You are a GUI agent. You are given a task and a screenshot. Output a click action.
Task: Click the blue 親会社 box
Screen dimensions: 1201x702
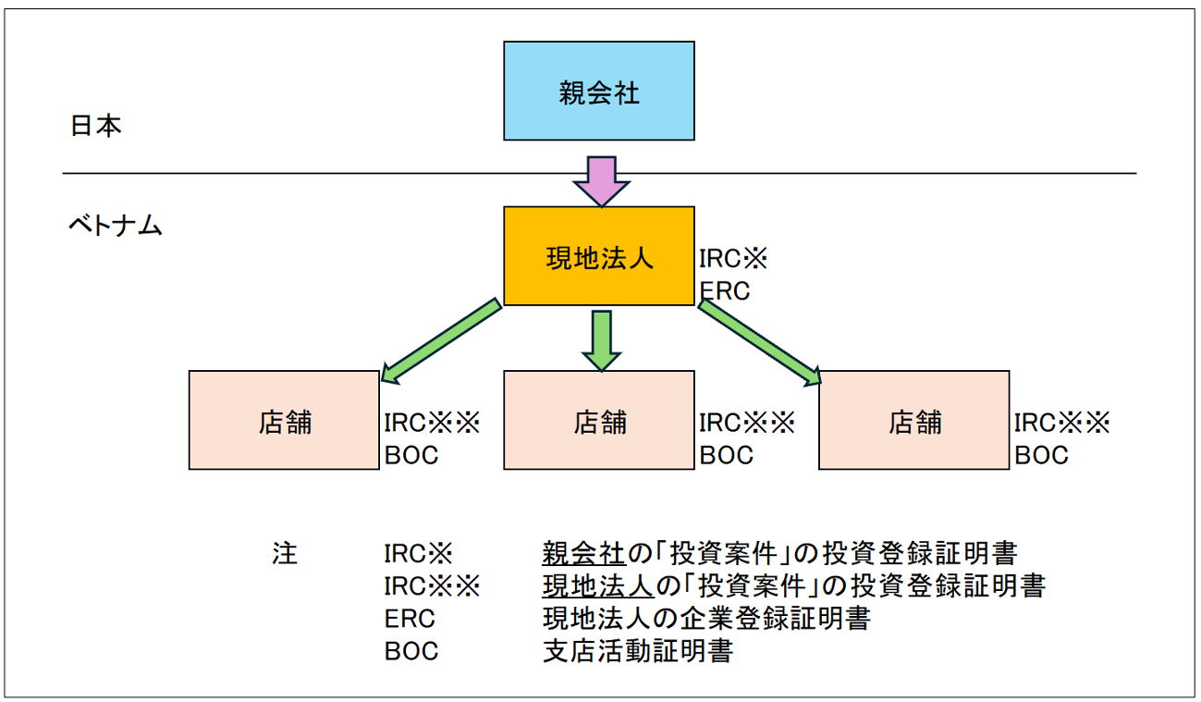[x=599, y=92]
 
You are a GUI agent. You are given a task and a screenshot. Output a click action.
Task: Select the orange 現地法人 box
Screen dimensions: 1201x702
[x=599, y=256]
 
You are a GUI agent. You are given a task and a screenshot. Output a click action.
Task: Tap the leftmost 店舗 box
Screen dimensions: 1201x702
[x=284, y=420]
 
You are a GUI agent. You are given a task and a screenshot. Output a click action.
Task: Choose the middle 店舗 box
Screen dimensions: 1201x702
[x=599, y=420]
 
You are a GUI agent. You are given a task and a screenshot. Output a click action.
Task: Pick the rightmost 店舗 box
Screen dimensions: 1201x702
[x=914, y=420]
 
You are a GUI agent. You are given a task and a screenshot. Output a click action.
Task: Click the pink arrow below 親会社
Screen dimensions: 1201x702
[x=602, y=182]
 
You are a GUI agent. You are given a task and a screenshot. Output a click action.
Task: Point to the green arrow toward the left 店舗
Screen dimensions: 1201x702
[x=441, y=340]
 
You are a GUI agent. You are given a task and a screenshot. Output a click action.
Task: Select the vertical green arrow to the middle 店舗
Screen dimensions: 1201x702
[x=602, y=341]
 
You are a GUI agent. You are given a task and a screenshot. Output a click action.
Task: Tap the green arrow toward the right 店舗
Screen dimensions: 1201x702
[x=759, y=342]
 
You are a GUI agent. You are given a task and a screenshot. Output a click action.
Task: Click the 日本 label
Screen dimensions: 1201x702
[x=96, y=126]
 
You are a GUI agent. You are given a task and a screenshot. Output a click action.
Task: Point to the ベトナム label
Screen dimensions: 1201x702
[x=116, y=225]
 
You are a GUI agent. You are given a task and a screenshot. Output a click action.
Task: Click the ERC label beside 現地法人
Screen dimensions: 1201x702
[x=725, y=291]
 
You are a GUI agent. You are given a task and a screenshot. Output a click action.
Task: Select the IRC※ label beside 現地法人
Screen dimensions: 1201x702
[x=733, y=258]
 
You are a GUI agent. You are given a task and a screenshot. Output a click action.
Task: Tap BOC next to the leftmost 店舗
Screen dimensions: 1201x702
[x=411, y=455]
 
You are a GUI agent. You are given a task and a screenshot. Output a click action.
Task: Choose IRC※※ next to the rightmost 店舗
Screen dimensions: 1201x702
[x=1061, y=423]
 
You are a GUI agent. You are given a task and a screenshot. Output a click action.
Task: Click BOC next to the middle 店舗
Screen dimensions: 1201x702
[x=727, y=455]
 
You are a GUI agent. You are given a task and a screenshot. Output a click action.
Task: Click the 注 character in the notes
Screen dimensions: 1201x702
[x=284, y=553]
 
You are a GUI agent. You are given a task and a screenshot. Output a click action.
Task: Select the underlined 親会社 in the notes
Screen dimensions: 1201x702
[x=583, y=553]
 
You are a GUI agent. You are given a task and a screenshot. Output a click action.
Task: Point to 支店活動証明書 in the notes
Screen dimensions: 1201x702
[x=638, y=651]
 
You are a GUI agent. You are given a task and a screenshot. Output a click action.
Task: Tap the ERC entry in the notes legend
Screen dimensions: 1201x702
[x=410, y=619]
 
